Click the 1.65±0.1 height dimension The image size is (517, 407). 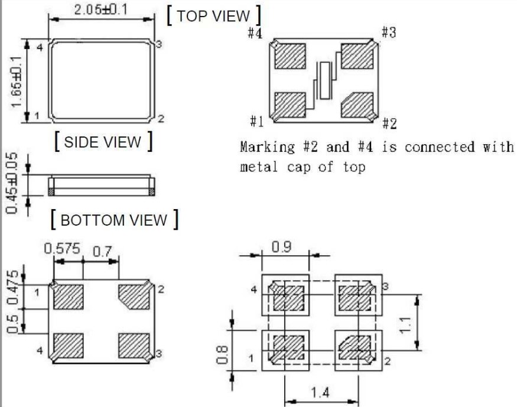click(16, 81)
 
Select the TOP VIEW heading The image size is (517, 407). click(214, 16)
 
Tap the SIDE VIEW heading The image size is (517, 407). click(103, 142)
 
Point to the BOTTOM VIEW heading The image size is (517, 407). click(114, 220)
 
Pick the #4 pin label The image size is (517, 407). click(255, 33)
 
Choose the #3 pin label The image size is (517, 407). click(388, 32)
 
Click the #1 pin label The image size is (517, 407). click(256, 122)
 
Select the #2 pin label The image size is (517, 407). click(389, 123)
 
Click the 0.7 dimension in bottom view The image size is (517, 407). click(102, 252)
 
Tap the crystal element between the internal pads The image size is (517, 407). click(325, 80)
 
